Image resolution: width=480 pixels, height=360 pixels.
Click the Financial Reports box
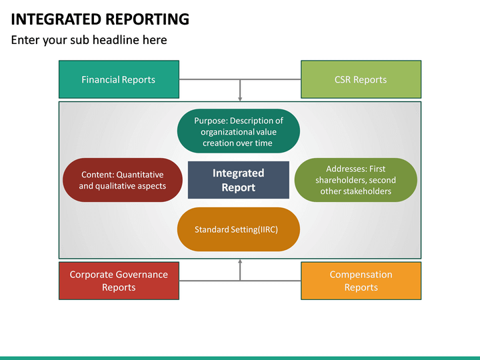(x=119, y=80)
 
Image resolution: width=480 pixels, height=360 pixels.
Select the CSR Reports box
(x=361, y=80)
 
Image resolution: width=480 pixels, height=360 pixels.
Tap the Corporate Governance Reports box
(x=119, y=281)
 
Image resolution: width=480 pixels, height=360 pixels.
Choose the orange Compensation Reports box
(x=361, y=281)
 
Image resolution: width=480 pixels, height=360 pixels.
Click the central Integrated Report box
(x=238, y=180)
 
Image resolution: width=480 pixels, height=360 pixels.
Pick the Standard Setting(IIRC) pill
(x=238, y=229)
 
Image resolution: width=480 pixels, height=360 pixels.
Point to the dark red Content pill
(x=122, y=180)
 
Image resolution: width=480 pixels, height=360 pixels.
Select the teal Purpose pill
(x=238, y=131)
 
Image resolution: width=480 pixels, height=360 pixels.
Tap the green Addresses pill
(x=355, y=180)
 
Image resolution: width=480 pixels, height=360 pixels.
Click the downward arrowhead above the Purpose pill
(x=240, y=98)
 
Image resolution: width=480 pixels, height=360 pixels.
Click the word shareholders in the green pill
(x=339, y=180)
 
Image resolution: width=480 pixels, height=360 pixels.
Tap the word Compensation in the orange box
(x=361, y=275)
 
